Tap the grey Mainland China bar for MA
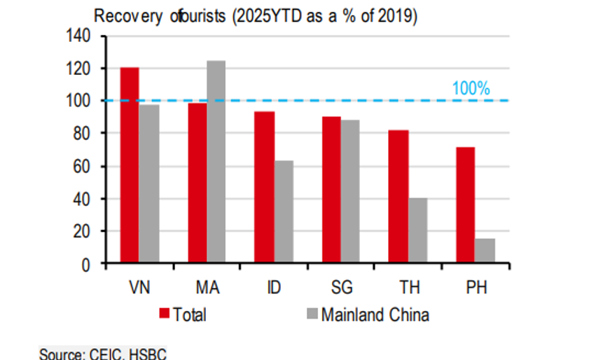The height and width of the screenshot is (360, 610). click(x=216, y=162)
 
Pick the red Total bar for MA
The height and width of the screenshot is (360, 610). click(x=197, y=183)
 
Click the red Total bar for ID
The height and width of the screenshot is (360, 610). click(x=264, y=187)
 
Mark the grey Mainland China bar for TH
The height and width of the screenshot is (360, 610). click(x=418, y=230)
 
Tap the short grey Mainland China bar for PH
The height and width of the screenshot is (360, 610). click(x=485, y=251)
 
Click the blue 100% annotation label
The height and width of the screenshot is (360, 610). click(x=471, y=89)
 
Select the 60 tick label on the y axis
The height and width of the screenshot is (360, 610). click(x=86, y=166)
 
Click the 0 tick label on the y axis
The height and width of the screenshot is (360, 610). click(x=91, y=264)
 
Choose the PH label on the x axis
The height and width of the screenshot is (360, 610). click(x=476, y=287)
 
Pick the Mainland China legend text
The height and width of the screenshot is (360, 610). click(x=375, y=314)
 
